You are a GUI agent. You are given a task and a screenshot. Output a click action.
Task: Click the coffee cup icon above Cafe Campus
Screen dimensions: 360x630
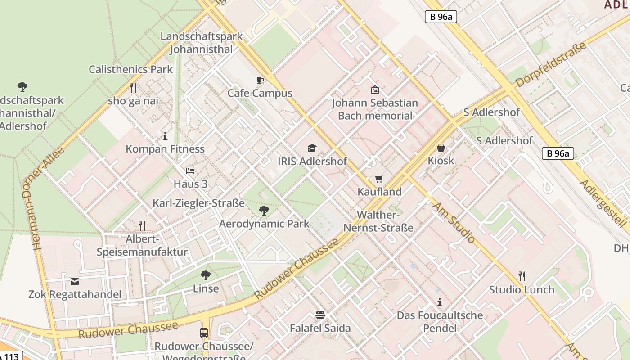click(260, 81)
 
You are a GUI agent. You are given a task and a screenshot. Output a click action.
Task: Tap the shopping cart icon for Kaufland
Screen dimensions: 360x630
click(379, 179)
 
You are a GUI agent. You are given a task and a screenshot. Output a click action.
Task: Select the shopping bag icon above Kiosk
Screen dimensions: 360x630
click(441, 148)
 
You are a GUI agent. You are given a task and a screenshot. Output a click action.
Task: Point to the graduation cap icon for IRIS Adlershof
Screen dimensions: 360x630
click(312, 148)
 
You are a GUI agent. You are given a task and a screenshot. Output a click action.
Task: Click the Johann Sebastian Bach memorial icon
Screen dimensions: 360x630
click(375, 90)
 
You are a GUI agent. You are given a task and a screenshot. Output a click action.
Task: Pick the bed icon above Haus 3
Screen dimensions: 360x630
click(190, 171)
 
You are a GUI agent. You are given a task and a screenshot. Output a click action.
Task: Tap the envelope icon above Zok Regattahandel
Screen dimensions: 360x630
click(75, 282)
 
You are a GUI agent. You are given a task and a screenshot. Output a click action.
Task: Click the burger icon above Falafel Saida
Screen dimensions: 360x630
click(320, 315)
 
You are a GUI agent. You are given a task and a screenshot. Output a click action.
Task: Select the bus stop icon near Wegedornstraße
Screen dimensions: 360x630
click(204, 333)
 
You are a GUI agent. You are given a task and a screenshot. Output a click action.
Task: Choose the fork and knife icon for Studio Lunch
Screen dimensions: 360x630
click(522, 276)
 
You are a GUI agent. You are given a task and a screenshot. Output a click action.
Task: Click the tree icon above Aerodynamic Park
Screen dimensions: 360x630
click(264, 210)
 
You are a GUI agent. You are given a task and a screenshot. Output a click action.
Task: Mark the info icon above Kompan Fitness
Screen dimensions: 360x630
click(165, 136)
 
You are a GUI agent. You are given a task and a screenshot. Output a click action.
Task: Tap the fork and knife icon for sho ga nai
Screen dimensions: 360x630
click(133, 87)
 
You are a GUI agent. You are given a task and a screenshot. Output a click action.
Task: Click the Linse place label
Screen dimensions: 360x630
click(206, 288)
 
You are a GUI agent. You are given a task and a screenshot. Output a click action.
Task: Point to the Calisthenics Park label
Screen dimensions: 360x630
click(130, 69)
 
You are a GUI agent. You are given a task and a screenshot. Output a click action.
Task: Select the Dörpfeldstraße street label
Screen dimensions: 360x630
click(551, 65)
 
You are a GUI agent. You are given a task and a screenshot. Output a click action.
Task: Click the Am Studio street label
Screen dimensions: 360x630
click(454, 222)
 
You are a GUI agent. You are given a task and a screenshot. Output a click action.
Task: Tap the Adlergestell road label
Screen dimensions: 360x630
click(603, 203)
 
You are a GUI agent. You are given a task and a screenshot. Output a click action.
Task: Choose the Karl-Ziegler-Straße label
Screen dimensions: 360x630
click(198, 203)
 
